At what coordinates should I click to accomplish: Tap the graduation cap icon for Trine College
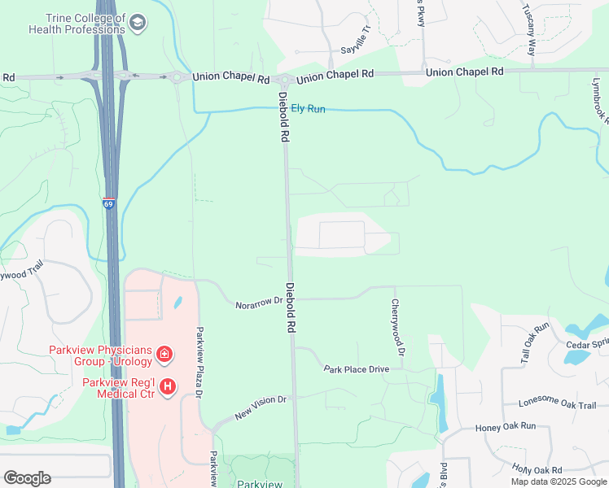click(x=138, y=22)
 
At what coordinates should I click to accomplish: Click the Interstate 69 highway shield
click(x=109, y=204)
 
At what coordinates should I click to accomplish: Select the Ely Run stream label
click(x=309, y=108)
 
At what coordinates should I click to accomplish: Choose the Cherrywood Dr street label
click(x=397, y=328)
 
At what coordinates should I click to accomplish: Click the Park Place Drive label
click(x=357, y=369)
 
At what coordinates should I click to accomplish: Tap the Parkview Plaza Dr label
click(x=198, y=363)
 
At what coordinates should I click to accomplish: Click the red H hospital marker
click(x=168, y=387)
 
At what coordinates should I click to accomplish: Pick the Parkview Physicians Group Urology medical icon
click(x=164, y=354)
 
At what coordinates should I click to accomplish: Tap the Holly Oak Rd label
click(x=537, y=470)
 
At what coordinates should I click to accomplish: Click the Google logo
click(x=27, y=478)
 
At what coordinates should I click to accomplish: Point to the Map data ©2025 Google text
click(x=559, y=481)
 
